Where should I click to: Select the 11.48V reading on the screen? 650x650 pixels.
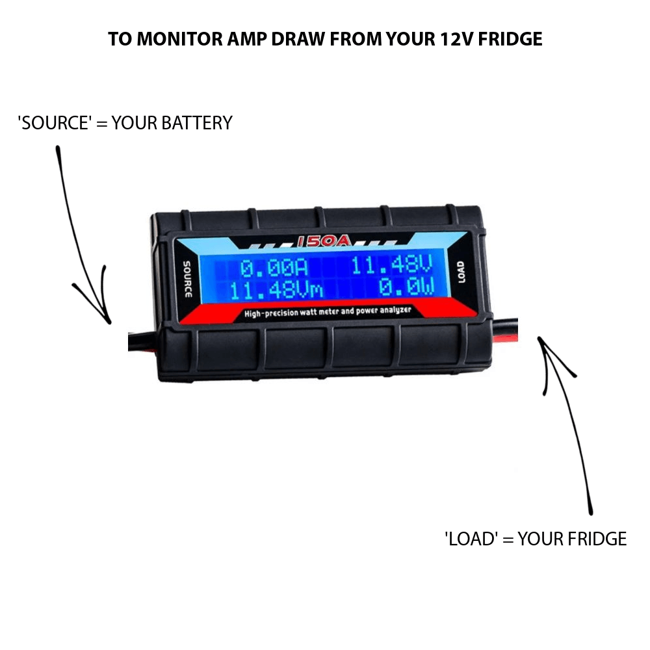point(391,266)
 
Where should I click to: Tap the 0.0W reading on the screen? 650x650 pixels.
point(406,287)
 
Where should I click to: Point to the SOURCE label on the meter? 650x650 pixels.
point(187,278)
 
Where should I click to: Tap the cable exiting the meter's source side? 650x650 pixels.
point(140,342)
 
